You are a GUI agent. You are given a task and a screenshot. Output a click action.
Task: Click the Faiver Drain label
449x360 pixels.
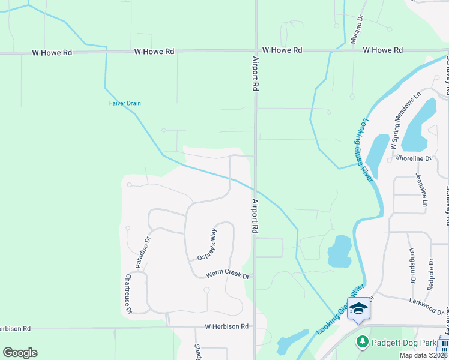[x=125, y=103]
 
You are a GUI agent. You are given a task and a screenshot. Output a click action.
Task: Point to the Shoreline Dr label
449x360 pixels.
[x=414, y=158]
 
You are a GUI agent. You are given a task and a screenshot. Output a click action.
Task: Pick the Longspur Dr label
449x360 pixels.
[x=412, y=263]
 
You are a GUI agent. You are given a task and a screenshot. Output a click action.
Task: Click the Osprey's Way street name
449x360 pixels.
[x=206, y=244]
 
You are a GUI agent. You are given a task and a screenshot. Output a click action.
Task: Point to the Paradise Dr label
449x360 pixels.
[x=142, y=253]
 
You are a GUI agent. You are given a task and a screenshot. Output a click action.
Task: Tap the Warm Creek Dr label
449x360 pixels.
[x=228, y=275]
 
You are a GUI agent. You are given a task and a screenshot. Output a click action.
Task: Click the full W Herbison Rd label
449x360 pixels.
[x=226, y=326]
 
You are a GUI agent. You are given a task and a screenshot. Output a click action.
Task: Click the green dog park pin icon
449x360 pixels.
[x=362, y=342]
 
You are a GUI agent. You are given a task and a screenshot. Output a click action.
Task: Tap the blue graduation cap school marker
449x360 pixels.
[x=358, y=308]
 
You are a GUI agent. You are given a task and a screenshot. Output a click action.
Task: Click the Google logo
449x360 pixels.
[x=20, y=353]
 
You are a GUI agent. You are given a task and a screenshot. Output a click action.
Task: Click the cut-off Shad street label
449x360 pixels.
[x=197, y=352]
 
